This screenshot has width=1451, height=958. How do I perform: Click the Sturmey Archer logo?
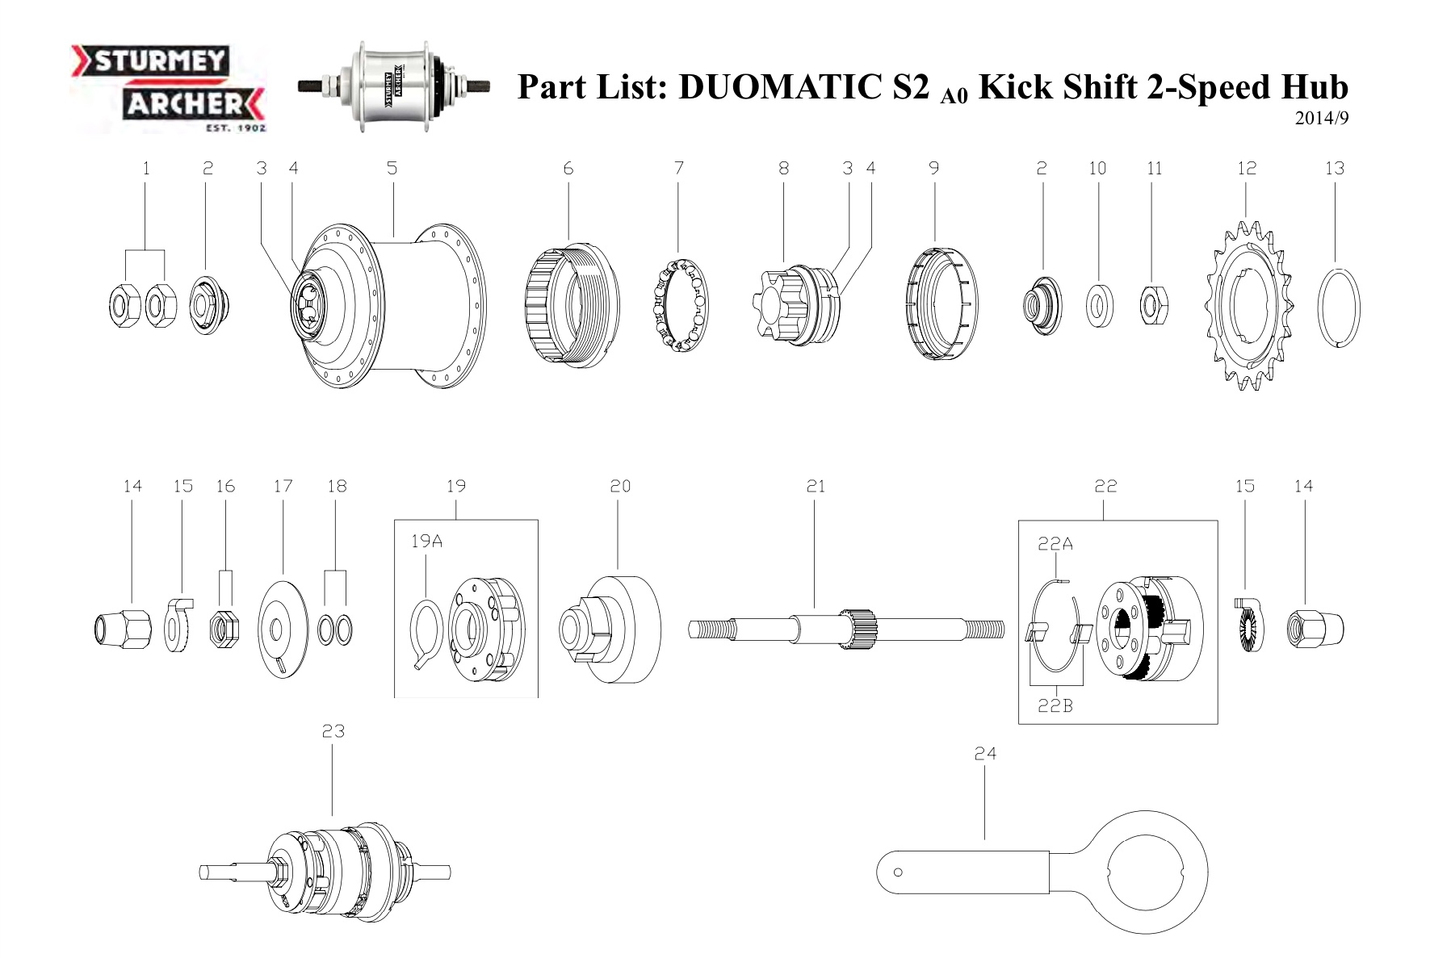tap(168, 87)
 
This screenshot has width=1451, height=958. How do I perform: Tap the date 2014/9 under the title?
tap(1321, 119)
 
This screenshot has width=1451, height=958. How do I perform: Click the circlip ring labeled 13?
tap(1338, 307)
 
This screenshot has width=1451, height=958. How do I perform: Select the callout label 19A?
tap(426, 542)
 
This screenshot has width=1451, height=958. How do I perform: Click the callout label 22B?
tap(1055, 705)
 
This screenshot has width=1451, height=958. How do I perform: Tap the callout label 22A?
tap(1055, 544)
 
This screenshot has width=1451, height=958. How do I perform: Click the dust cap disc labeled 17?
tap(283, 629)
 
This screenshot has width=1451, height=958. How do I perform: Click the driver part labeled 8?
tap(795, 305)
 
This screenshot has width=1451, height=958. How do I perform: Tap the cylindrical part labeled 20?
tap(611, 629)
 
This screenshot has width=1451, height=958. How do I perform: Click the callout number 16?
tap(225, 486)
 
